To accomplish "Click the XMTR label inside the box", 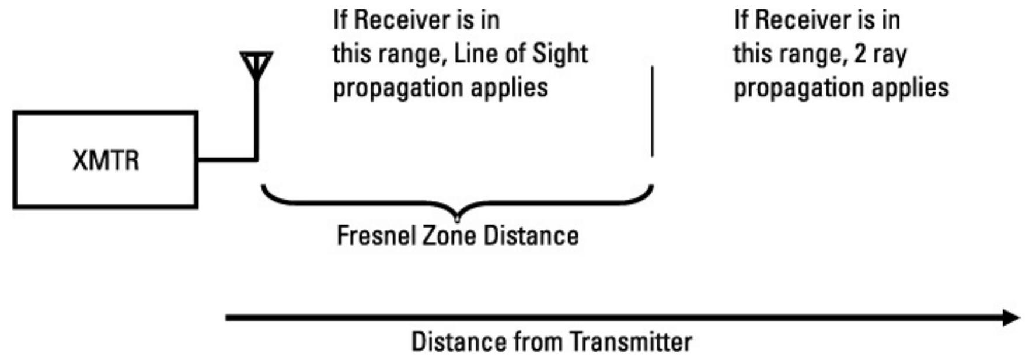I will click(106, 160).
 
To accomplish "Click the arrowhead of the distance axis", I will click(1011, 318).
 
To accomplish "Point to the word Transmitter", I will click(631, 342).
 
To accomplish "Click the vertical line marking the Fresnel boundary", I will click(652, 111).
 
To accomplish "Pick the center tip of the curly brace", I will click(457, 218).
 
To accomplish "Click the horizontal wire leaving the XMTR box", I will click(226, 158).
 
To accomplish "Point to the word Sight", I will click(561, 54).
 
